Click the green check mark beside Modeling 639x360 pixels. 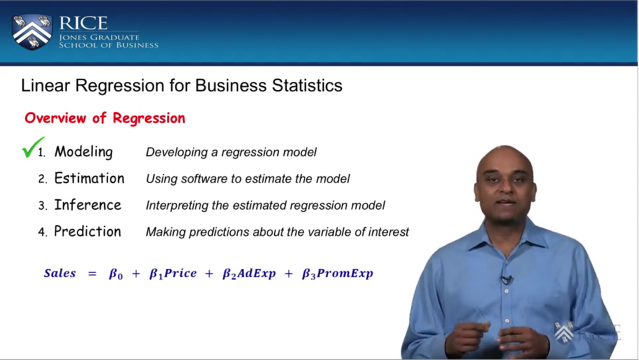point(33,148)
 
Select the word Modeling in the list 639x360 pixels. point(84,151)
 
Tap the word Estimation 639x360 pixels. point(89,178)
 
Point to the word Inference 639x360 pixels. point(87,205)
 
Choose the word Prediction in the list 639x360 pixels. point(87,231)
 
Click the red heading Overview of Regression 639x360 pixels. point(105,118)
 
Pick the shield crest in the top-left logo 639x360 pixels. point(32,32)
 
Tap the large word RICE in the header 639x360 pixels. point(84,23)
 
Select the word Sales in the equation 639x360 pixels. point(60,272)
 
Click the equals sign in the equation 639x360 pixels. point(92,274)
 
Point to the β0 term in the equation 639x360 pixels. point(116,274)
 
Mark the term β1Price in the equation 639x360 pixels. point(173,274)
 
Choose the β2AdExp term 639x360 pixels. point(249,274)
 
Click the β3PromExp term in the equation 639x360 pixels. point(337,274)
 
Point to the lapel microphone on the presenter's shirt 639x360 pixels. point(507,280)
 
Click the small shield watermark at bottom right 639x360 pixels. point(563,332)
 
